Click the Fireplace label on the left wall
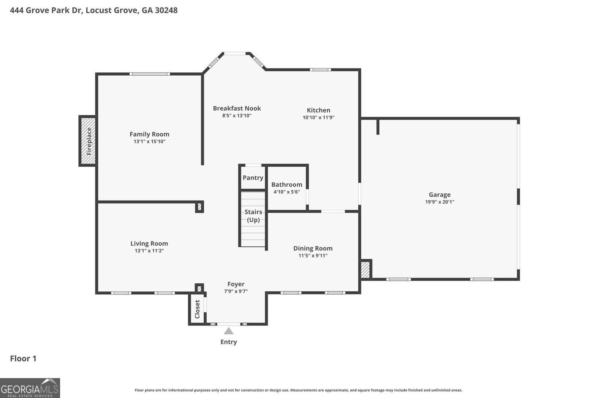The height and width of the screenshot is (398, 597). (x=89, y=141)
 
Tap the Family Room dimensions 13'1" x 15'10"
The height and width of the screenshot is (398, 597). (x=149, y=142)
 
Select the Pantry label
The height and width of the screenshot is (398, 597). (x=253, y=178)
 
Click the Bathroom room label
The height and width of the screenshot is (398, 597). (x=287, y=185)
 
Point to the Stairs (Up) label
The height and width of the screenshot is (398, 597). (x=253, y=216)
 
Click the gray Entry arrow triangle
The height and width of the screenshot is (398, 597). (x=228, y=331)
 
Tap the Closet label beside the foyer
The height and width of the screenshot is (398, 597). (x=197, y=309)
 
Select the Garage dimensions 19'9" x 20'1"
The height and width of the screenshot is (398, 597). (x=439, y=202)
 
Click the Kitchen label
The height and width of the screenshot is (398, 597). (x=318, y=110)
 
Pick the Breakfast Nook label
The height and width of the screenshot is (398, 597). (x=237, y=108)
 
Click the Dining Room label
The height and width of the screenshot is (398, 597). (x=313, y=248)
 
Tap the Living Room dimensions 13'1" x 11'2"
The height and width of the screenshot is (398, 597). (x=149, y=251)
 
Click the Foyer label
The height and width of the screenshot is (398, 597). (x=236, y=284)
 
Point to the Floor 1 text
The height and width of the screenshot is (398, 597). (x=23, y=359)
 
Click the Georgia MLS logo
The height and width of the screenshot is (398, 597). (x=30, y=388)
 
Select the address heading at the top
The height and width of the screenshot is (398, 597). (x=94, y=10)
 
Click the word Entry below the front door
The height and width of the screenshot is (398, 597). (x=228, y=342)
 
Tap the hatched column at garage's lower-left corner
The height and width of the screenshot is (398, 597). (x=365, y=270)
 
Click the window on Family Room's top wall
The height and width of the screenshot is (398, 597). (x=150, y=74)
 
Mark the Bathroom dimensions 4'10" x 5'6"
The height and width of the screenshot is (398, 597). (x=287, y=192)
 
